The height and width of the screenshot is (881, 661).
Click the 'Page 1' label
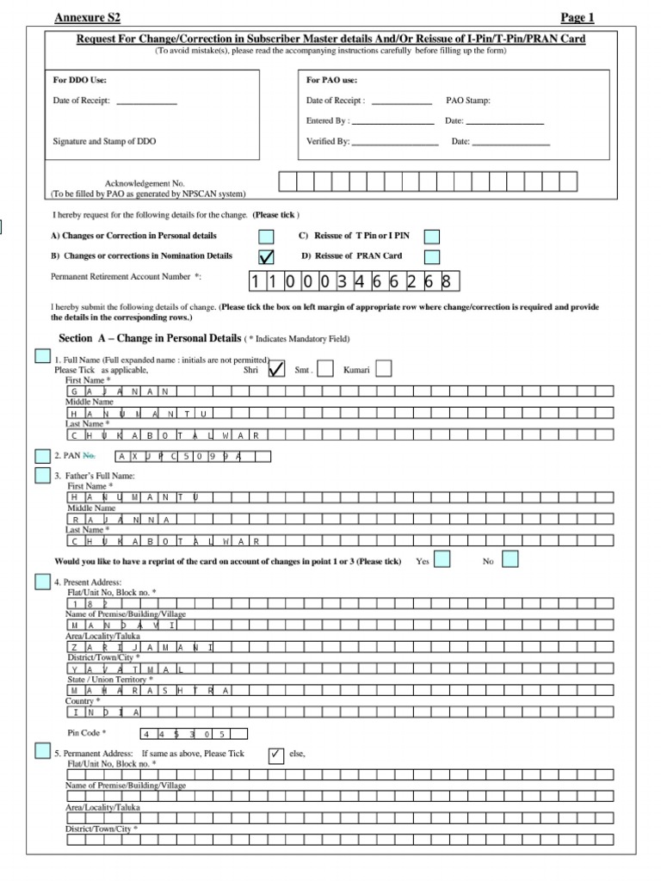click(x=578, y=17)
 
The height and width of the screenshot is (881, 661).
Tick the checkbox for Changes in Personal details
click(x=267, y=237)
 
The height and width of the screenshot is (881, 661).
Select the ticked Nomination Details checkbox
click(x=267, y=256)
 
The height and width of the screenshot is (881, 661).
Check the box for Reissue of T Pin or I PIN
click(x=432, y=237)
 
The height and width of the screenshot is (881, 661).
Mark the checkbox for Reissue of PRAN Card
click(x=432, y=256)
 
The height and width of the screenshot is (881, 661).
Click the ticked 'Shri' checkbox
click(x=277, y=369)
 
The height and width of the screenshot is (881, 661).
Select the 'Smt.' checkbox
click(x=325, y=369)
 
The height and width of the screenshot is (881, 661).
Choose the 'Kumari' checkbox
click(x=384, y=369)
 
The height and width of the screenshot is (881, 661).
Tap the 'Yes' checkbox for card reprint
click(x=442, y=560)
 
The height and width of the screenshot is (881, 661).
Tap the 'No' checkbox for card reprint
click(x=510, y=560)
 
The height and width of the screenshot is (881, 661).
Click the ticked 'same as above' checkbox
click(x=276, y=755)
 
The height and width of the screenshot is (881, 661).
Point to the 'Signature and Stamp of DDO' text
click(x=105, y=141)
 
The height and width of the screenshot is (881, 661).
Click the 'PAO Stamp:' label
click(x=468, y=101)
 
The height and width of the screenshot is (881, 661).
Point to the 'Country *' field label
click(x=83, y=701)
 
